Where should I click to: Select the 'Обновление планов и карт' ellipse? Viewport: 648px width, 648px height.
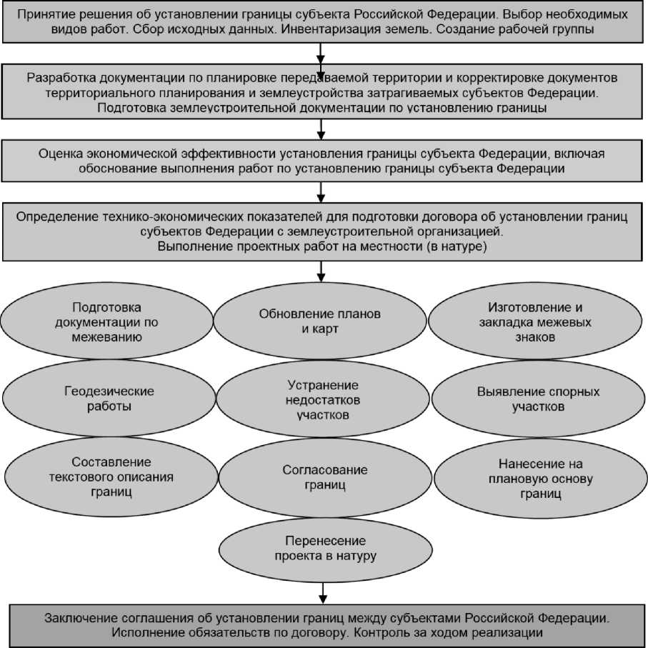(320, 322)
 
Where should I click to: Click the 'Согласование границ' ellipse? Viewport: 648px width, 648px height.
(325, 477)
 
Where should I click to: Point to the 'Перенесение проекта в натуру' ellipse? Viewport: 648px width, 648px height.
(325, 548)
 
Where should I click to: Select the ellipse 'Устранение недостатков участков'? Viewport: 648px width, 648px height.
(324, 399)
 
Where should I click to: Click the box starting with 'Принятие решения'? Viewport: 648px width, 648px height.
(323, 22)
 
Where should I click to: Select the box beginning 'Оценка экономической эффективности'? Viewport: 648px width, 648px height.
(323, 161)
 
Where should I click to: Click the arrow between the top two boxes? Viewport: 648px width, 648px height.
(322, 52)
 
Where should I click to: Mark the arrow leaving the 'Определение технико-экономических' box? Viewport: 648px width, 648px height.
(322, 271)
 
